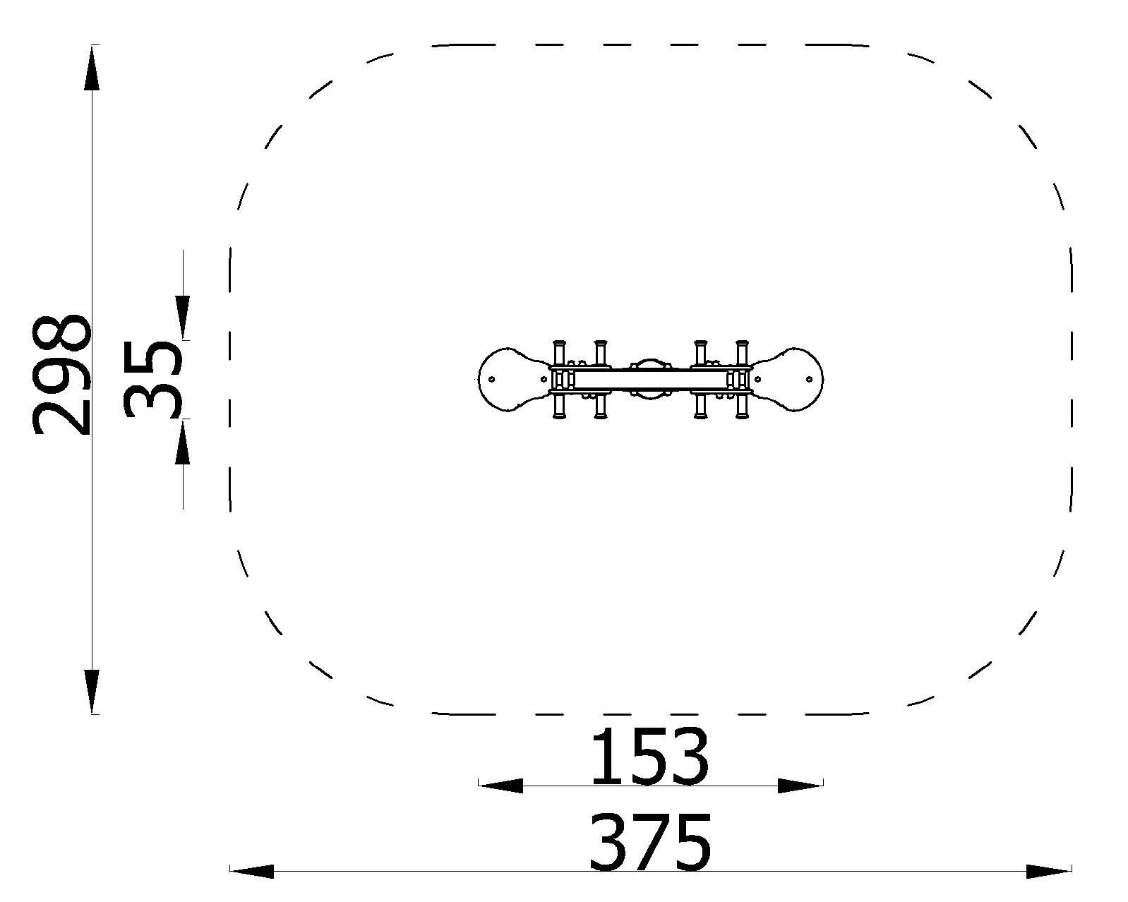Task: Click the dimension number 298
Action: click(61, 375)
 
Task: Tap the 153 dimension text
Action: click(650, 757)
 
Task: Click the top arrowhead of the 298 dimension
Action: click(92, 68)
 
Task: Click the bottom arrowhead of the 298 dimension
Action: click(92, 691)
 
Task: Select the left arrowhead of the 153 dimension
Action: click(500, 785)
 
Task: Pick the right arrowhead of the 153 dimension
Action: click(800, 785)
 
